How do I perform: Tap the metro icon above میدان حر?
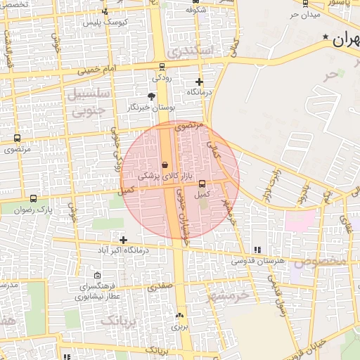304,3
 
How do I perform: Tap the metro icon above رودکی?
162,67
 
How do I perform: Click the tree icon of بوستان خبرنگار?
151,96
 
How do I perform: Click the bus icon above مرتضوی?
17,139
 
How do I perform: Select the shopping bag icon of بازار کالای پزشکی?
164,165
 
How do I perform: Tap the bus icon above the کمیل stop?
202,184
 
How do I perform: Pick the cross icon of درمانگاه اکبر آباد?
123,240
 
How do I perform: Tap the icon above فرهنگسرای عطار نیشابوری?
97,275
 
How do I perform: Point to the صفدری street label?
160,286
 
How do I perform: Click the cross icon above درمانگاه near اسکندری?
199,82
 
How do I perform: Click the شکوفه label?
195,11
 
